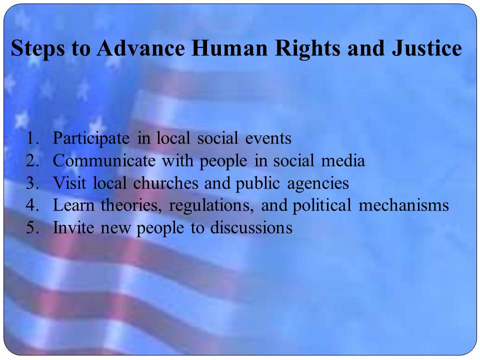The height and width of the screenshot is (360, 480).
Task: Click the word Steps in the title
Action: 37,48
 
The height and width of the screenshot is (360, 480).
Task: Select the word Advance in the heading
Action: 141,48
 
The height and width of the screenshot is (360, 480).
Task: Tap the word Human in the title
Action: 229,48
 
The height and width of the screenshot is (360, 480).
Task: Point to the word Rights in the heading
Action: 307,49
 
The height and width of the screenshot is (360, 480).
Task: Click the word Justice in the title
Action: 426,48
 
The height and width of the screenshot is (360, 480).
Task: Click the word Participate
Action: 91,138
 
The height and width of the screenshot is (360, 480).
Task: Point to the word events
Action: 268,138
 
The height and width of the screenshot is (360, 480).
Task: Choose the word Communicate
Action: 104,160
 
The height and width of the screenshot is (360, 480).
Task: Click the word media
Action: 343,160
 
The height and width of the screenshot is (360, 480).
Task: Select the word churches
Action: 166,183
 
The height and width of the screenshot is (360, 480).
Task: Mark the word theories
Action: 131,205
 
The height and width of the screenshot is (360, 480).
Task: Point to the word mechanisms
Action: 404,205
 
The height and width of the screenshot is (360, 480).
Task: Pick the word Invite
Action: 73,228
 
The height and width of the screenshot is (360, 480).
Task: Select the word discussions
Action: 251,228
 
